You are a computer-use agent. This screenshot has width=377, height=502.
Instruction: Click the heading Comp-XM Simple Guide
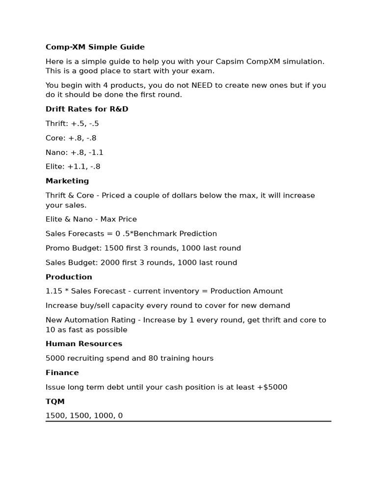[x=95, y=47]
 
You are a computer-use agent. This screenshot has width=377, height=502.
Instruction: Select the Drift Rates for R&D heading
[x=87, y=109]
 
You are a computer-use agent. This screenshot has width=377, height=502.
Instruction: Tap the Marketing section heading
[x=67, y=181]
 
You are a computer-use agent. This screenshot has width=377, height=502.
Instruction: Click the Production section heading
[x=69, y=277]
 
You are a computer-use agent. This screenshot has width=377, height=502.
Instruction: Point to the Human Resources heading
[x=84, y=344]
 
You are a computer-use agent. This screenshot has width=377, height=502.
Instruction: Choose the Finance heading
[x=62, y=373]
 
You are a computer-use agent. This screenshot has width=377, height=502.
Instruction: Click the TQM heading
[x=55, y=402]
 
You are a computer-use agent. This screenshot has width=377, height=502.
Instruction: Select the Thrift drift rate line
[x=72, y=124]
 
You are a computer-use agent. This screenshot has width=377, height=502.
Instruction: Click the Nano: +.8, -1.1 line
[x=75, y=152]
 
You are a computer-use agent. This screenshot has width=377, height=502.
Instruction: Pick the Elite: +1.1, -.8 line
[x=73, y=167]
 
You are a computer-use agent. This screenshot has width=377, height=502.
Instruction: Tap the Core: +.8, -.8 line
[x=71, y=138]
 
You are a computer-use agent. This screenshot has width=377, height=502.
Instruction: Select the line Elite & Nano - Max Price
[x=91, y=219]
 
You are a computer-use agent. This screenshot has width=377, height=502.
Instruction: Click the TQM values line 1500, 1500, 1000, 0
[x=84, y=416]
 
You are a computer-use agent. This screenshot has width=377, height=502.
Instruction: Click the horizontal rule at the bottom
[x=188, y=421]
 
